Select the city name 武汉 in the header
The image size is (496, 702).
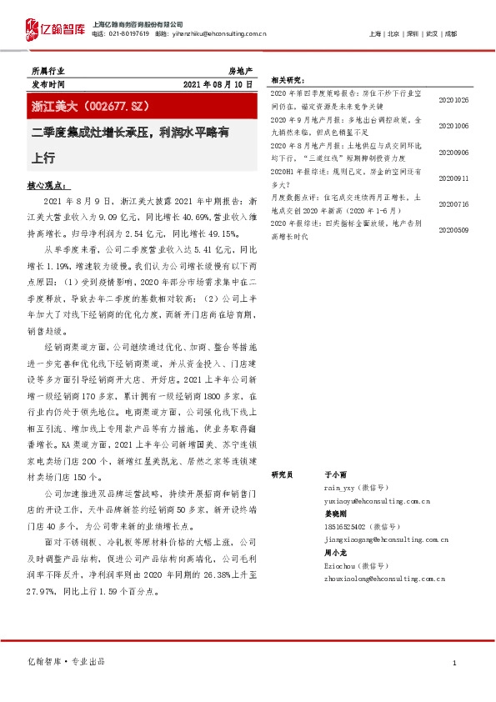click(431, 34)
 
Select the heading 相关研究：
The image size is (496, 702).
click(288, 81)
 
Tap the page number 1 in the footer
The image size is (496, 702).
click(454, 662)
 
